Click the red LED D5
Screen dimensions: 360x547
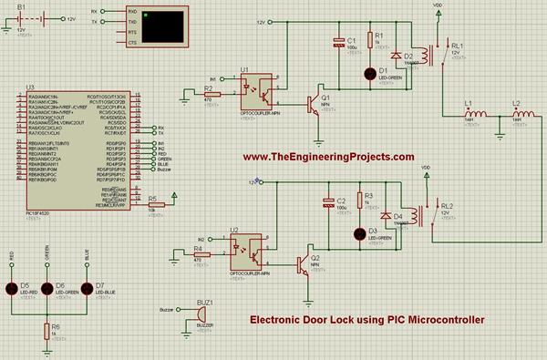[14, 288]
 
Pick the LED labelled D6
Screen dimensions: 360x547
[46, 288]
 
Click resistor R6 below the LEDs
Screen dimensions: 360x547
[46, 329]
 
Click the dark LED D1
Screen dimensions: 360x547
[370, 73]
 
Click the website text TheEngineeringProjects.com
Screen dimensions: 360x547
[329, 157]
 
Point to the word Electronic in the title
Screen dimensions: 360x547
[283, 319]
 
